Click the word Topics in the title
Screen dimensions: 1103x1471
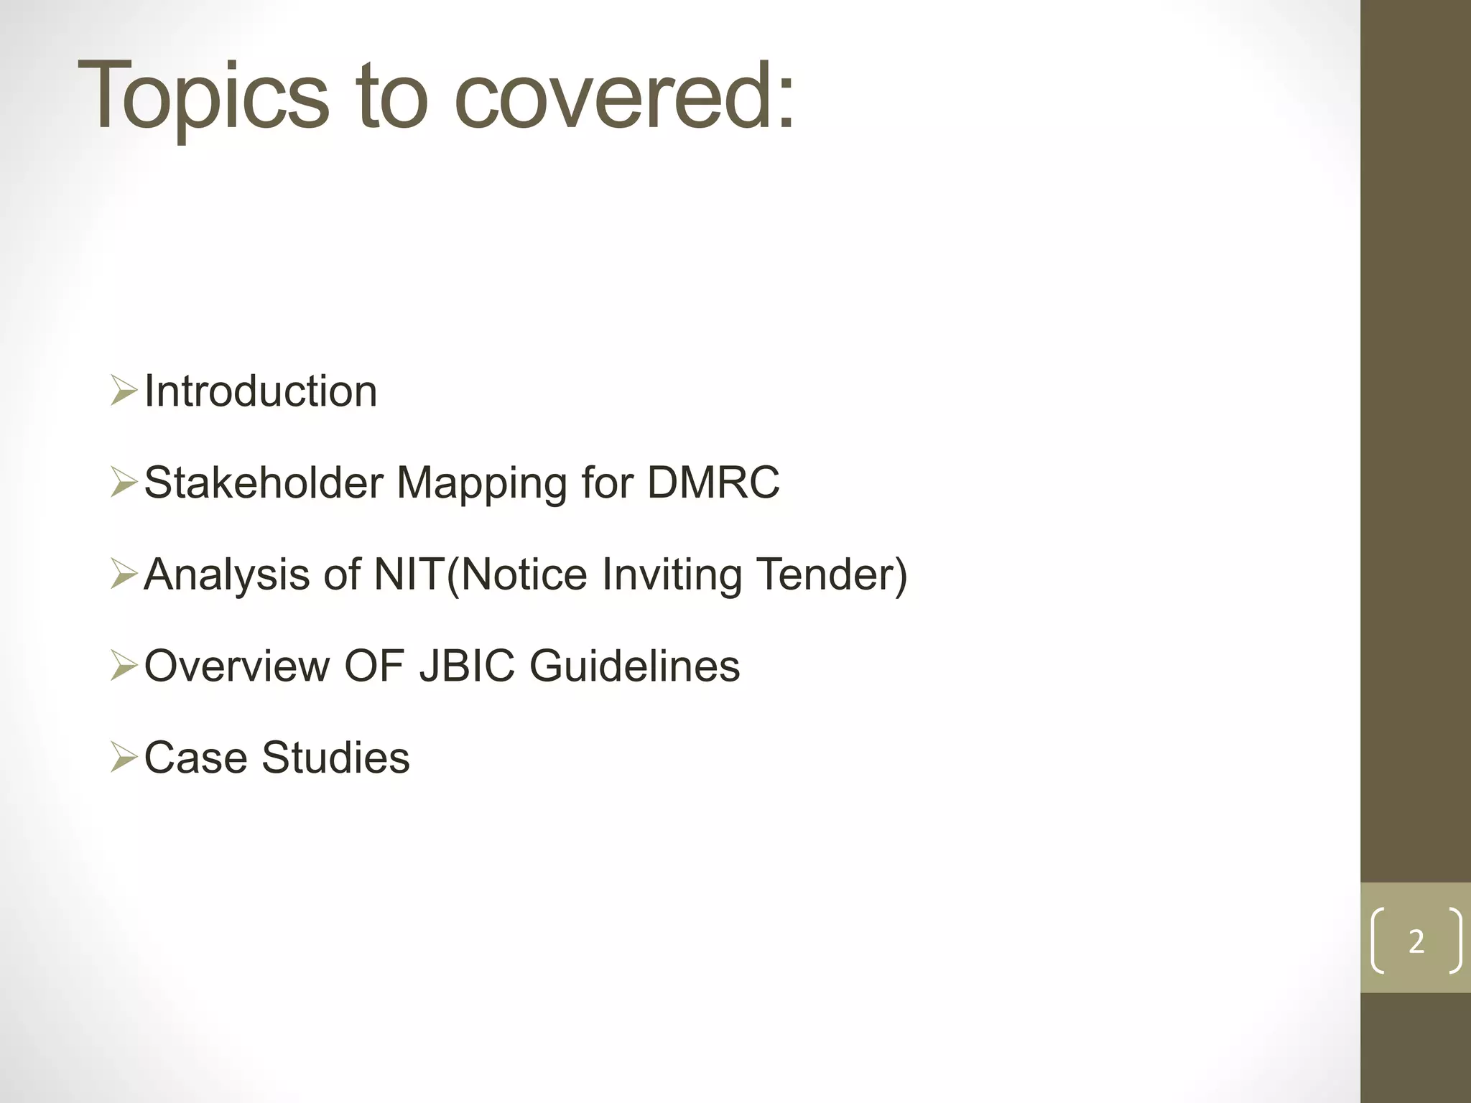[203, 97]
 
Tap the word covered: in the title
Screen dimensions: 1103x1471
[624, 97]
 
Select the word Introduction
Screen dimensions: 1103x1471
[260, 392]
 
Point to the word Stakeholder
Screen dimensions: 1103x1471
[264, 483]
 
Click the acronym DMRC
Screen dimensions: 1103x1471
[713, 483]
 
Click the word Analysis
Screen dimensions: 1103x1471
[226, 575]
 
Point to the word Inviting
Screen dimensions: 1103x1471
[672, 575]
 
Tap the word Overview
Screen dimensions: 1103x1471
[236, 666]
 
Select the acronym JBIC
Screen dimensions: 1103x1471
[467, 666]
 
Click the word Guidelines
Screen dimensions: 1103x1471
[634, 666]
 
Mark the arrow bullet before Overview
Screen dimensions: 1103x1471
[124, 666]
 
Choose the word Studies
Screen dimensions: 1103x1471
[335, 758]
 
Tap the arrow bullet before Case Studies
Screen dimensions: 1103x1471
[124, 758]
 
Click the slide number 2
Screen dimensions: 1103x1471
[1416, 941]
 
